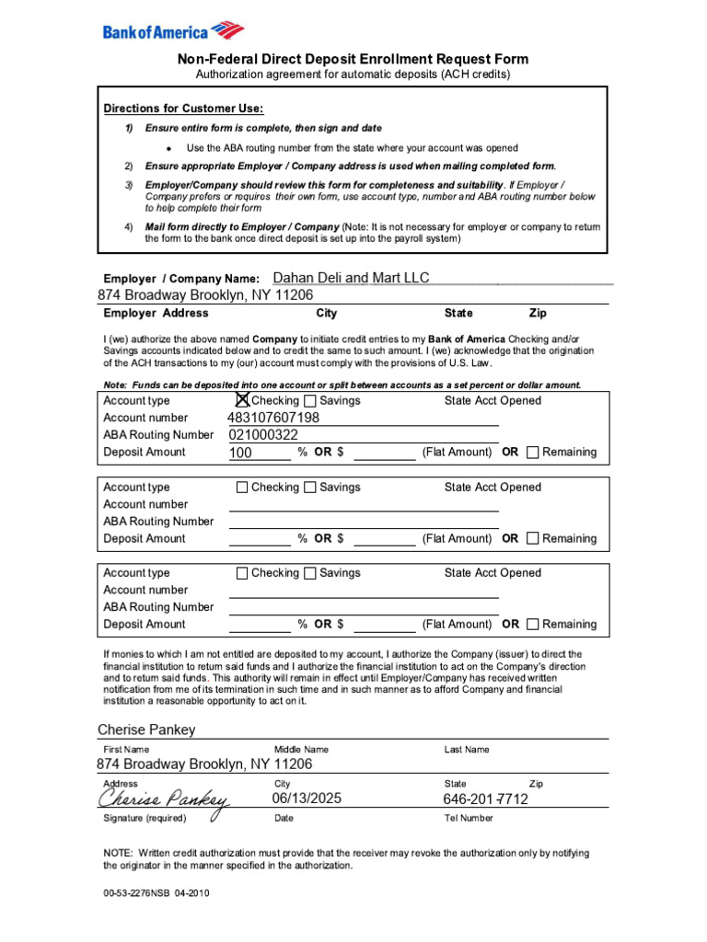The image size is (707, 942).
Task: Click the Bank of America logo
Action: (173, 31)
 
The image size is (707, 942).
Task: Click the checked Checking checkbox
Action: (242, 400)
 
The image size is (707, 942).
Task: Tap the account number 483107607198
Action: (273, 418)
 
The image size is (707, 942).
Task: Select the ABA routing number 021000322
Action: (263, 435)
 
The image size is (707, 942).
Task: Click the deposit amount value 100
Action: (240, 453)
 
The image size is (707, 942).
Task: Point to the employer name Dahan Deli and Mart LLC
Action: (351, 278)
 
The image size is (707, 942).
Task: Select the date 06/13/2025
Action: (307, 798)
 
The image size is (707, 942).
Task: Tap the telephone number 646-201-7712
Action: (485, 799)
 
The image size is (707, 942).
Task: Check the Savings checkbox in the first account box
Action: (310, 400)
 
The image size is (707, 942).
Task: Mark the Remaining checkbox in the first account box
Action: (532, 452)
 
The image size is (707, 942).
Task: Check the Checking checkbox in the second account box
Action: (242, 487)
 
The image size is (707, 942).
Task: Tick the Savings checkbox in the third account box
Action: (310, 573)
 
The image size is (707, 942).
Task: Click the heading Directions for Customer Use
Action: (183, 109)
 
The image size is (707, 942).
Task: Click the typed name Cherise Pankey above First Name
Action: (146, 729)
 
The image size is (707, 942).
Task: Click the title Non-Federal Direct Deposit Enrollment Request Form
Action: (353, 59)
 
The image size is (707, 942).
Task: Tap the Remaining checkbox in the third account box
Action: (532, 624)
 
